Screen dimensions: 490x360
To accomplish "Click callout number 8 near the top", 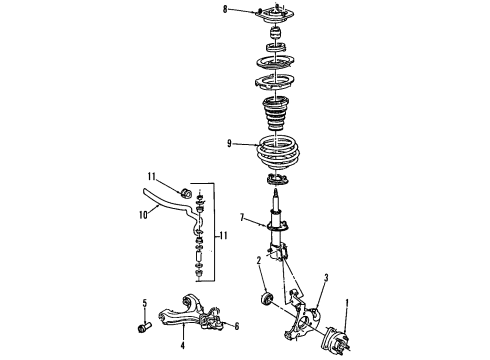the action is (x=226, y=10).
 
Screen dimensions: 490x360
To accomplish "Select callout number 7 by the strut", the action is (x=240, y=217).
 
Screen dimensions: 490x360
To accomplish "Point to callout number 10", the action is (x=142, y=213).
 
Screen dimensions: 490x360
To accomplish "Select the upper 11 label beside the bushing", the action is (x=153, y=176).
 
